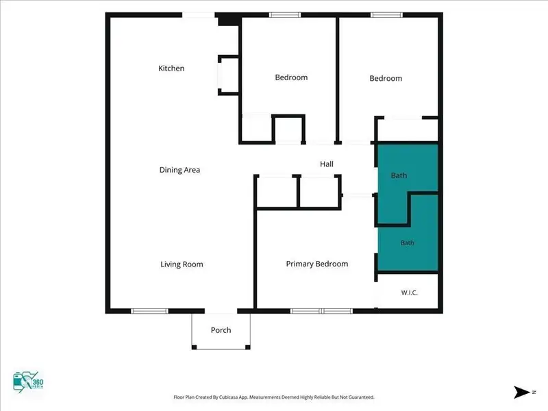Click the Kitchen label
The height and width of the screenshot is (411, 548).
(x=171, y=68)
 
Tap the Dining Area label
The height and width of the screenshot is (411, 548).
(x=179, y=170)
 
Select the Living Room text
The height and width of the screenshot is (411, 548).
(x=182, y=264)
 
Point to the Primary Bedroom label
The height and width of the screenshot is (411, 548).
(x=317, y=264)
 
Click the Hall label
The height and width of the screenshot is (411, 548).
(x=327, y=164)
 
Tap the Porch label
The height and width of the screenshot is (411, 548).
(x=221, y=330)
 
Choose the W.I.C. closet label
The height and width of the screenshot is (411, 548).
(x=409, y=292)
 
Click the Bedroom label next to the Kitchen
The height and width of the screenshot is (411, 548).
(x=292, y=77)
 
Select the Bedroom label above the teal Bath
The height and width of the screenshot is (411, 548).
(x=386, y=78)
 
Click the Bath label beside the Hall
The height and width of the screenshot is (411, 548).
(x=399, y=175)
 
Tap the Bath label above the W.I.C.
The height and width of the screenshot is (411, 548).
(x=407, y=242)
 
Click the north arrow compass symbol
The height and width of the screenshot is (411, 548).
(x=522, y=392)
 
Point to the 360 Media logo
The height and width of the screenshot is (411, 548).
(x=28, y=382)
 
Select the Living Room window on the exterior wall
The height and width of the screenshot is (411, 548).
(x=149, y=311)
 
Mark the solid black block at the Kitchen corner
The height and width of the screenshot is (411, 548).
(x=228, y=19)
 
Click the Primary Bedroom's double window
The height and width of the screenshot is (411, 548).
(x=321, y=311)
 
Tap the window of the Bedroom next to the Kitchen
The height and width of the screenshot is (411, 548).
(x=285, y=14)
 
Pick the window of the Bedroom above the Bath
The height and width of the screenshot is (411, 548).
(x=386, y=14)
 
